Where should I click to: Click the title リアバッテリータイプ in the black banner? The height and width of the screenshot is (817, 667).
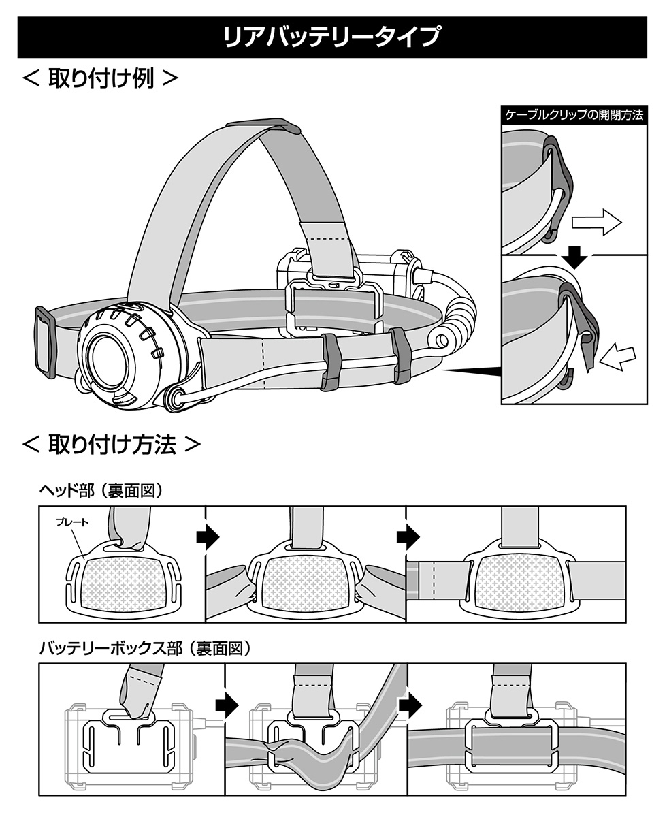tap(333, 36)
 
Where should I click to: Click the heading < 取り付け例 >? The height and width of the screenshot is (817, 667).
tap(100, 77)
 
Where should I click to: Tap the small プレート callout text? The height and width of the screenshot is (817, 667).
tap(71, 524)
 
